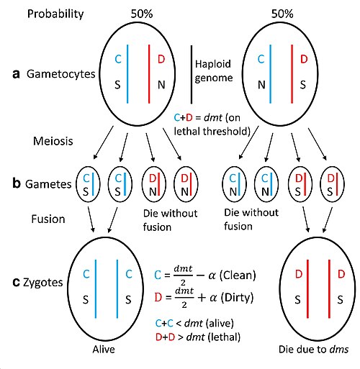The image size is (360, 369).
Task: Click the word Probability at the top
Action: coord(55,14)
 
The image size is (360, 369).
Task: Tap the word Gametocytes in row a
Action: coord(61,74)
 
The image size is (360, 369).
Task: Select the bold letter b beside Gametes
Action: coord(17,183)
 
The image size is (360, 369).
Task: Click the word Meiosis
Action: coord(53,141)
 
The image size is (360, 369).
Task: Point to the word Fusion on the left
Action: coord(48,219)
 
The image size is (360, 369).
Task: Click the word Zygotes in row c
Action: coord(43,283)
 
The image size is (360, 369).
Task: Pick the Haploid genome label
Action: coord(214,71)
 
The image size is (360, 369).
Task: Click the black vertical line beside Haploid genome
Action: coord(192,75)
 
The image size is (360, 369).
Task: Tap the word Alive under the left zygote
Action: coord(104,350)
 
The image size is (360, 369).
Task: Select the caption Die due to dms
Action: coord(313,350)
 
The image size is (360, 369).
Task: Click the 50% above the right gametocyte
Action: coord(282,14)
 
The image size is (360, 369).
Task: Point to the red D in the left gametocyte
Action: coord(161,59)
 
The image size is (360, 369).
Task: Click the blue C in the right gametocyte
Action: coord(261,59)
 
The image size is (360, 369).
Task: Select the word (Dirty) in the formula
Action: coord(237,298)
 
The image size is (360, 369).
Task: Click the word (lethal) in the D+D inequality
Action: coord(224,337)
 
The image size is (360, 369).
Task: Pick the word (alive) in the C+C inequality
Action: coord(220,324)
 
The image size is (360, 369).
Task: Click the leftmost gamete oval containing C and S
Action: coord(88,184)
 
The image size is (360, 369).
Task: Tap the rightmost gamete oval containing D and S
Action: coord(333,184)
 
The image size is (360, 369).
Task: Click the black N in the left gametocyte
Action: coord(161,85)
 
